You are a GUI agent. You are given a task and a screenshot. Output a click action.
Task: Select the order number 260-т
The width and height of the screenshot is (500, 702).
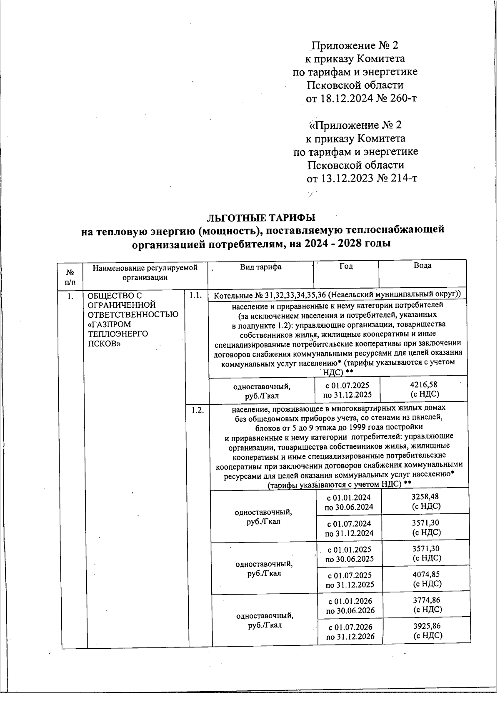pyautogui.click(x=402, y=99)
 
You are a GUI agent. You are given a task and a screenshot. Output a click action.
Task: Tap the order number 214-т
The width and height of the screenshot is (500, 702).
pyautogui.click(x=403, y=178)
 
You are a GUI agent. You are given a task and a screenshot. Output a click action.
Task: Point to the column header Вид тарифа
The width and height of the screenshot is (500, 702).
pyautogui.click(x=260, y=267)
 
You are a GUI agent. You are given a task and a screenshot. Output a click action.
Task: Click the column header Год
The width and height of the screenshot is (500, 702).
pyautogui.click(x=346, y=266)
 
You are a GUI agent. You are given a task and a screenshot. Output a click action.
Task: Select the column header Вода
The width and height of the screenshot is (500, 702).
pyautogui.click(x=422, y=266)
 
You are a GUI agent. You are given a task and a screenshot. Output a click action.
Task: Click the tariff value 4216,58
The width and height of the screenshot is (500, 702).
pyautogui.click(x=424, y=385)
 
